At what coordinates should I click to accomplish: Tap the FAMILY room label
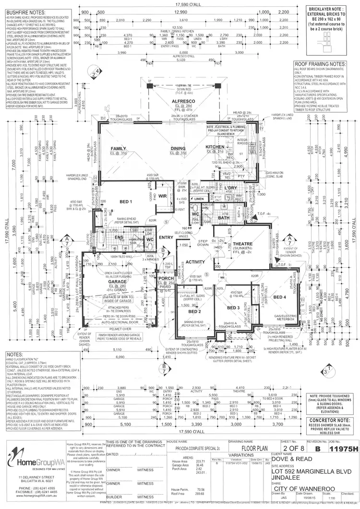click(118, 148)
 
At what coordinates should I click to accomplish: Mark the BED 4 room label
click(279, 297)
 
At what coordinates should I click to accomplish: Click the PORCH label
click(166, 278)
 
